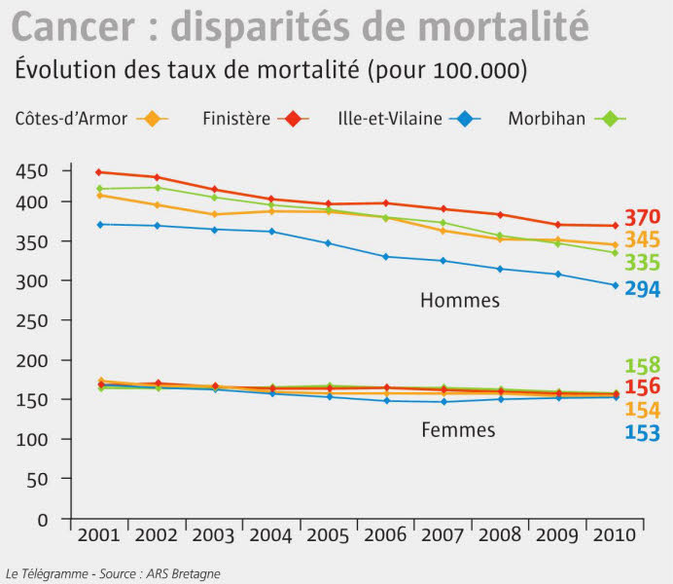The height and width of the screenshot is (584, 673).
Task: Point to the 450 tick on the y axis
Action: coord(34,171)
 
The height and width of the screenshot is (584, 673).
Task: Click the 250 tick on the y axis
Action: coord(34,320)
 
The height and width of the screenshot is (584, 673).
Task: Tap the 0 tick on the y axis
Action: coord(42,519)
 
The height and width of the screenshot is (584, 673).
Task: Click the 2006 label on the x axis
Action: coord(386,535)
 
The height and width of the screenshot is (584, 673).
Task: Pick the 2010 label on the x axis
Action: coord(616,535)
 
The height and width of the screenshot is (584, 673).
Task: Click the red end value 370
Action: coord(643,218)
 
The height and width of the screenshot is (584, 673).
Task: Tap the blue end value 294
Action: coord(643,289)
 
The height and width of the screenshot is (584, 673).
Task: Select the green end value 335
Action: coord(643,263)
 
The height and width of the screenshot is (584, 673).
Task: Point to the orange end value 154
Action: coord(643,410)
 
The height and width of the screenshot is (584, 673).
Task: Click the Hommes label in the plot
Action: coord(460,301)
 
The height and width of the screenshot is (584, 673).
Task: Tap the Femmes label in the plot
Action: coord(458,429)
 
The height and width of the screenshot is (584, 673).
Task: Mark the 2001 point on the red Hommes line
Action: coord(97,172)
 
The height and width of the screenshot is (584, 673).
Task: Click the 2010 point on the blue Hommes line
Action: coord(615,285)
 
